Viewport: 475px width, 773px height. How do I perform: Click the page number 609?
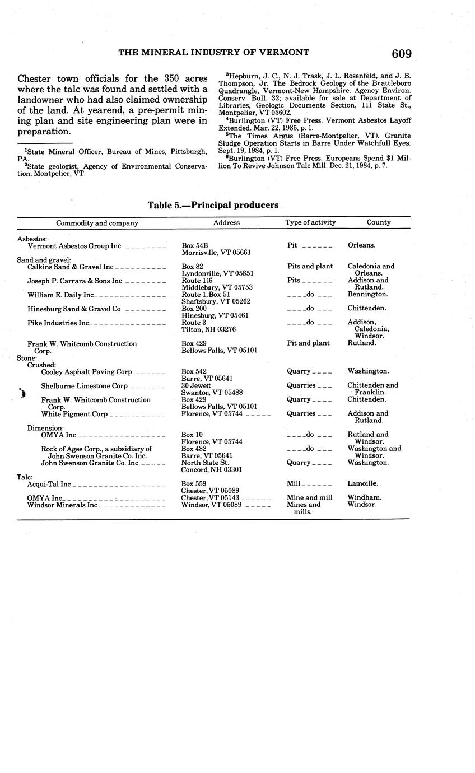coord(402,54)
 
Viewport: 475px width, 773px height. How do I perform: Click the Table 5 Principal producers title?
coord(213,205)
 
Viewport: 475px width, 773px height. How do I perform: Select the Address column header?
coord(226,222)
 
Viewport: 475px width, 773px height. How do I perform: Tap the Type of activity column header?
coord(310,222)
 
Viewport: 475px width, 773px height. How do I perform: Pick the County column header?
coord(379,222)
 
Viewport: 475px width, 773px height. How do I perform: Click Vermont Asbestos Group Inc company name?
coord(74,245)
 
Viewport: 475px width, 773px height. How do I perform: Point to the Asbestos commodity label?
coord(32,239)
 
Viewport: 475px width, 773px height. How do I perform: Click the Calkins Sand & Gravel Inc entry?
coord(71,267)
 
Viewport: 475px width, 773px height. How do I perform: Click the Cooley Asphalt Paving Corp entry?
coord(86,371)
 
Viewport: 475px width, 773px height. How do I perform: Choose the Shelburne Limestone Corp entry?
coord(84,386)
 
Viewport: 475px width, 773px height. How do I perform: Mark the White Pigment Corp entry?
coord(74,414)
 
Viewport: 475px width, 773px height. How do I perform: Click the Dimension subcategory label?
coord(45,428)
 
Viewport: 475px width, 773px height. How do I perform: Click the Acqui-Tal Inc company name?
coord(49,484)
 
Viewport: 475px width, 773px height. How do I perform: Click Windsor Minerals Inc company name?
coord(62,505)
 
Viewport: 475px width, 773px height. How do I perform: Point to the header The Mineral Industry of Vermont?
coord(213,53)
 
